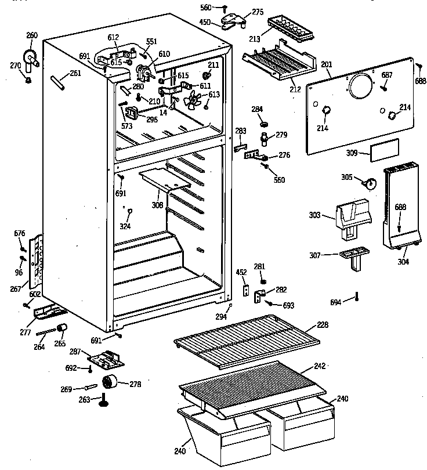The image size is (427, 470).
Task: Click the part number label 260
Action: click(x=32, y=36)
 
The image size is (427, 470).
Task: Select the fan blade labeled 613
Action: click(x=192, y=103)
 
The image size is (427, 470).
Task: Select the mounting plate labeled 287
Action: click(x=106, y=360)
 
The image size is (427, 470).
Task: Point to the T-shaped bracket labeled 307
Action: click(x=352, y=257)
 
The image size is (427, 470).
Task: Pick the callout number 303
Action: click(x=315, y=215)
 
